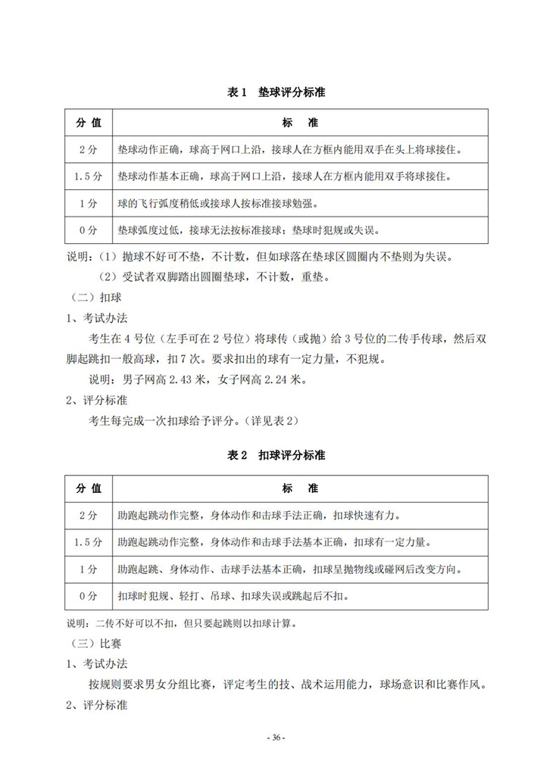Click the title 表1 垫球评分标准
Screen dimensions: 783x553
276,92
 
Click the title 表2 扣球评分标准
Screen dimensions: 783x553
276,456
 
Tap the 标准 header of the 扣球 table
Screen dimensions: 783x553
300,488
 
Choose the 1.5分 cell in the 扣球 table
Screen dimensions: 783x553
88,542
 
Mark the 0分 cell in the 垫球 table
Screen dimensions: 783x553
88,229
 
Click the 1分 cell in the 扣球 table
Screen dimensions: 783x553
88,569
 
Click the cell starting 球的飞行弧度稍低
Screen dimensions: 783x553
216,203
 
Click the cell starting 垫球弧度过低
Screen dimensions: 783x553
246,229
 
